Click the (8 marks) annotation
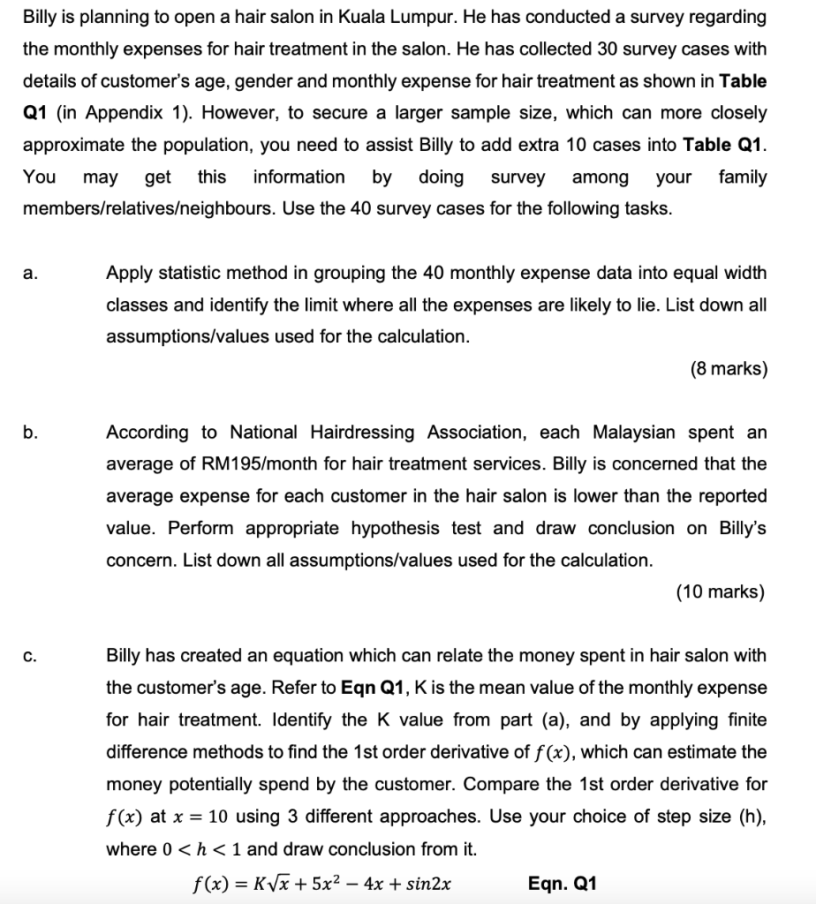729,369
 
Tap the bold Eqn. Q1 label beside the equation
563,883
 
